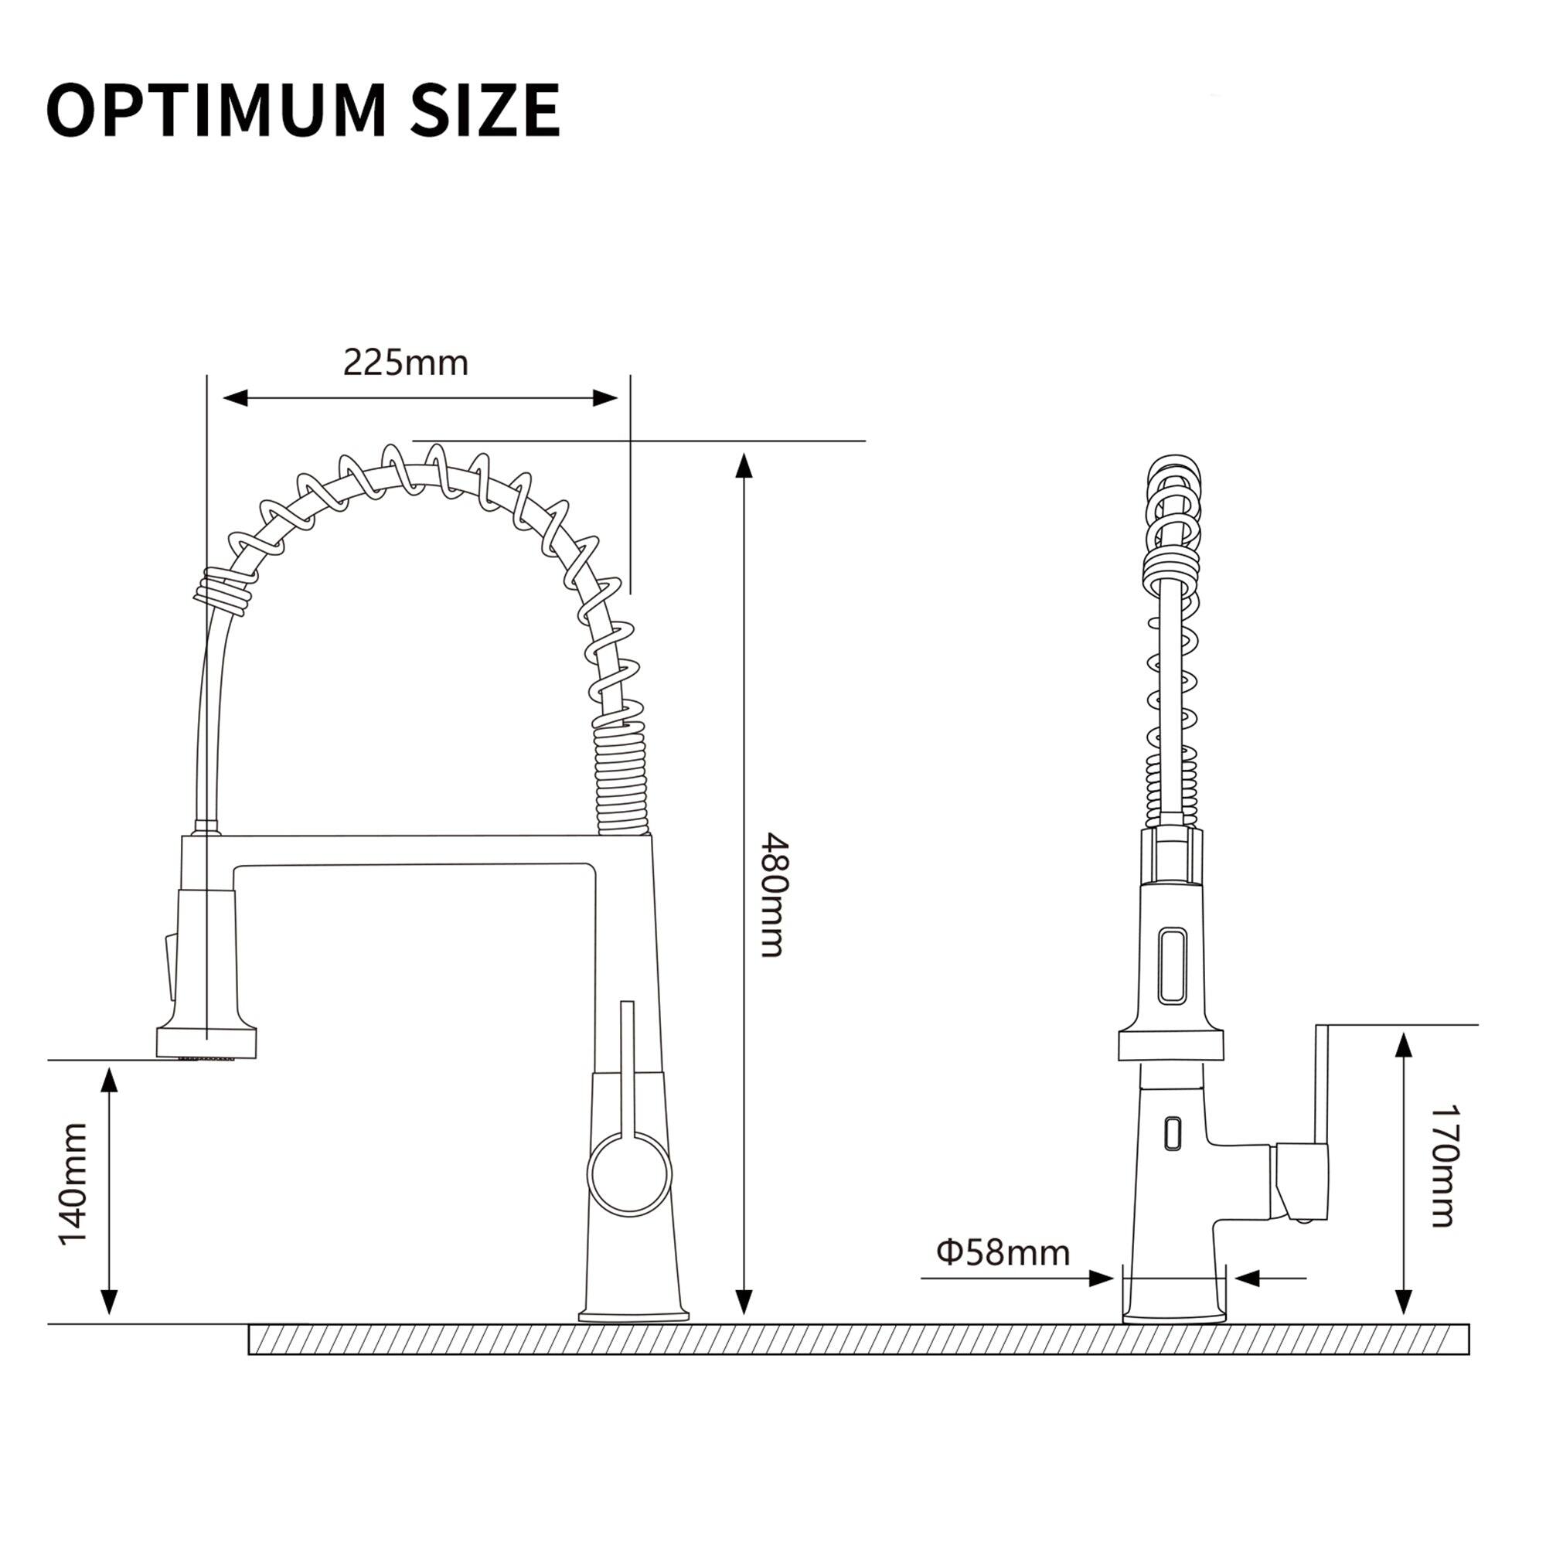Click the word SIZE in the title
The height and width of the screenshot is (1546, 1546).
tap(485, 111)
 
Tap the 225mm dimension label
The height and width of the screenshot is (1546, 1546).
tap(406, 363)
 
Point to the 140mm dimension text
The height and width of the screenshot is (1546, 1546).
tap(73, 1184)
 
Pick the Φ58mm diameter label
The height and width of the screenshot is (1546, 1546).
tap(1003, 1253)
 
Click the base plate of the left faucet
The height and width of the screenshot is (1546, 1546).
tap(634, 1315)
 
